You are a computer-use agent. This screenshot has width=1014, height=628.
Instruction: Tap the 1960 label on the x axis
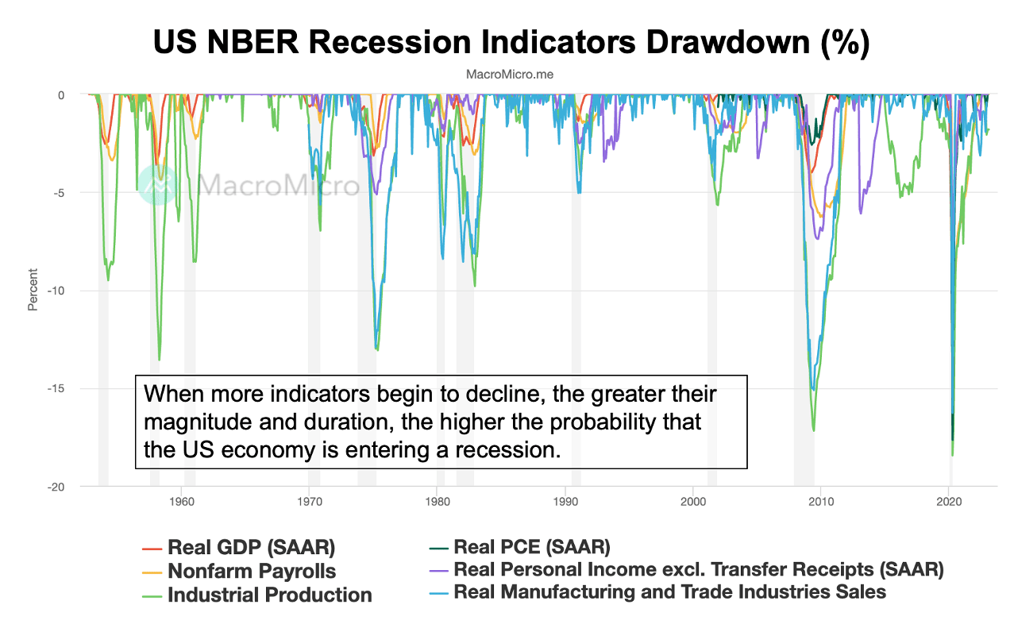tap(182, 502)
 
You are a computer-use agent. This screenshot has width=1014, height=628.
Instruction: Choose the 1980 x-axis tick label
tap(437, 502)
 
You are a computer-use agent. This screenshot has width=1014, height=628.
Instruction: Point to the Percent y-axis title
tap(33, 291)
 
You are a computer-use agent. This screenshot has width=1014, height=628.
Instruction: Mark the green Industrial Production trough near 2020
tap(952, 455)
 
